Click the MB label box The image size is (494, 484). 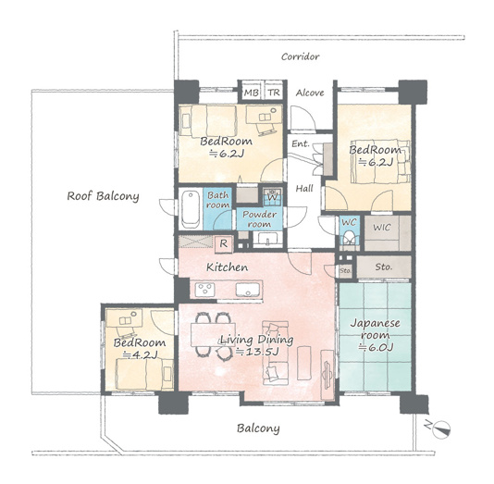coord(251,93)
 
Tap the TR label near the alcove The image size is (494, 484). coord(274,93)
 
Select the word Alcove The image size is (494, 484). coord(310,93)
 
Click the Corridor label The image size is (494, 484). coord(301,56)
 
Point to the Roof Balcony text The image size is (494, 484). coord(103,196)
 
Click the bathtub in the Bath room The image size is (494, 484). coord(191,209)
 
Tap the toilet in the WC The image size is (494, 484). coord(349,238)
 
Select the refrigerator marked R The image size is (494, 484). coord(223,243)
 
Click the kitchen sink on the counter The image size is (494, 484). coord(248,290)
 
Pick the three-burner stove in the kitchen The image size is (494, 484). coord(204,290)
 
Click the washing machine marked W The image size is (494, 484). coord(272,195)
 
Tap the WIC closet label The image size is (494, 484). coord(382,227)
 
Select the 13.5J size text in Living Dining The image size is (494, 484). coord(257,352)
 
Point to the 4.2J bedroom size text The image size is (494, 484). coord(141,355)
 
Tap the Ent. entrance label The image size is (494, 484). coord(301,144)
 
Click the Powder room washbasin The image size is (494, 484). coord(267,238)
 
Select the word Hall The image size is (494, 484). coord(304,189)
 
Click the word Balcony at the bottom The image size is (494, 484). coord(258,428)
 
